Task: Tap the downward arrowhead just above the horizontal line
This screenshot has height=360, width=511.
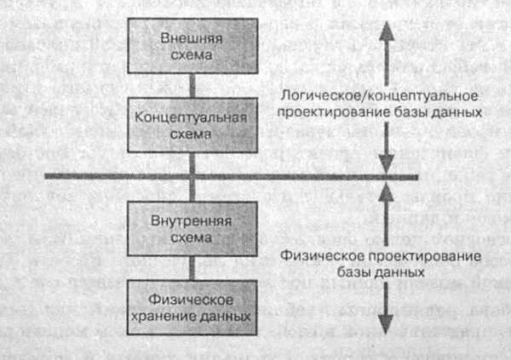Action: click(386, 167)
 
